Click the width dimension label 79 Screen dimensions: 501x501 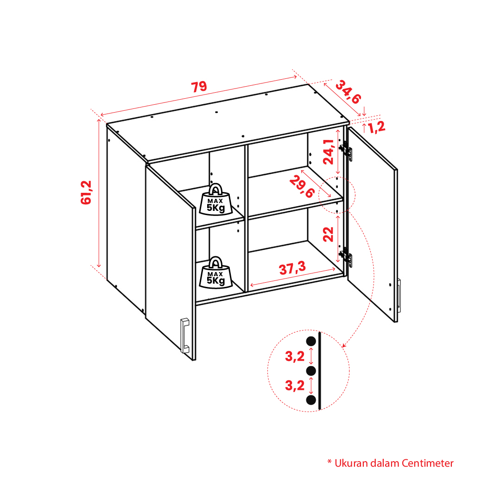[x=199, y=87]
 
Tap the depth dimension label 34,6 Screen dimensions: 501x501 [x=349, y=92]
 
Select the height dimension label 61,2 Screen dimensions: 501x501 [x=86, y=192]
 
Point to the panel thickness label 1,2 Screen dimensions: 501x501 [x=377, y=127]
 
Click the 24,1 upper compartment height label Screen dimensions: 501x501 [x=329, y=152]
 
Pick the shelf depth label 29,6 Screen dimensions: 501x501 [x=302, y=187]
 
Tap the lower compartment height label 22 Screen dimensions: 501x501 [x=328, y=234]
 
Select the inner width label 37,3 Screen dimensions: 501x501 [x=292, y=268]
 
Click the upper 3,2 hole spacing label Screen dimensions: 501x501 [x=295, y=356]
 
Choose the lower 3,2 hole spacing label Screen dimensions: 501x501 [x=295, y=385]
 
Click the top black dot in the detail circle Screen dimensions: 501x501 [x=311, y=341]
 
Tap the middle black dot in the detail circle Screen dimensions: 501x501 [x=311, y=371]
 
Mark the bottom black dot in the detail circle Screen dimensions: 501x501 [x=311, y=400]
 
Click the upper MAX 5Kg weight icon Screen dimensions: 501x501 [x=216, y=200]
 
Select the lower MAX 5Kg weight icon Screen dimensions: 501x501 [x=216, y=273]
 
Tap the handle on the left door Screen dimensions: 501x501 [x=184, y=336]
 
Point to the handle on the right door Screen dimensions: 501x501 [x=399, y=296]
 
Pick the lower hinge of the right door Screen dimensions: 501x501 [x=346, y=257]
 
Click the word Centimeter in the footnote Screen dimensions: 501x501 [x=427, y=463]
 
